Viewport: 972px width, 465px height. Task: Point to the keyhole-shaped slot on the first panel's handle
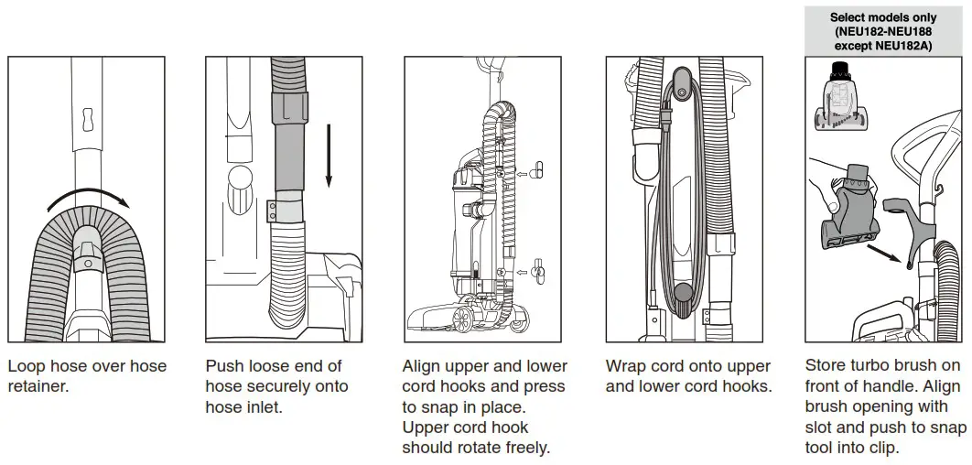tap(88, 120)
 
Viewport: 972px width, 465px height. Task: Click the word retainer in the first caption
tap(38, 386)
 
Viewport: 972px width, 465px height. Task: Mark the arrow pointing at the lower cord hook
tap(524, 271)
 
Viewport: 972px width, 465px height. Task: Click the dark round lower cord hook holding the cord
tap(680, 297)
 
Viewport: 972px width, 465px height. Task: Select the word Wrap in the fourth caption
tap(627, 366)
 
